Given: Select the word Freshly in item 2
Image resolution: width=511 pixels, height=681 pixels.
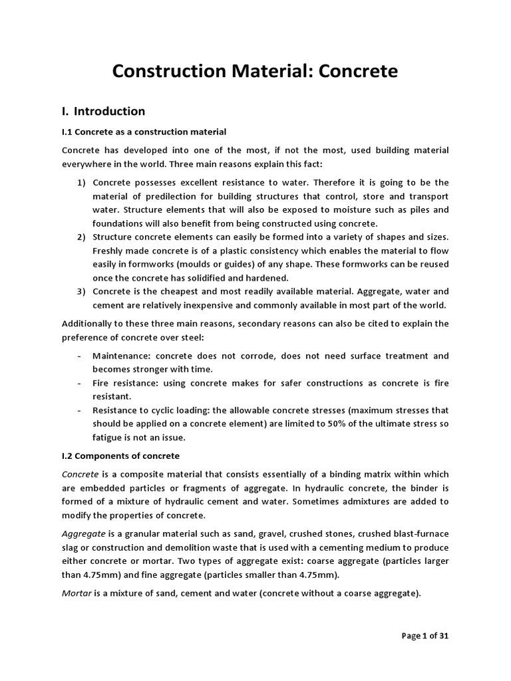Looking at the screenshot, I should coord(110,251).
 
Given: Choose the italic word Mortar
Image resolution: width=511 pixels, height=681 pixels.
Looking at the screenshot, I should coord(77,594).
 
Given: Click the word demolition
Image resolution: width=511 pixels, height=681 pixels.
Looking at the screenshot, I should coord(189,547).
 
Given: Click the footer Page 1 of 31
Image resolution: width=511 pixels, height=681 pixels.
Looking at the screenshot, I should coord(425,636).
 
